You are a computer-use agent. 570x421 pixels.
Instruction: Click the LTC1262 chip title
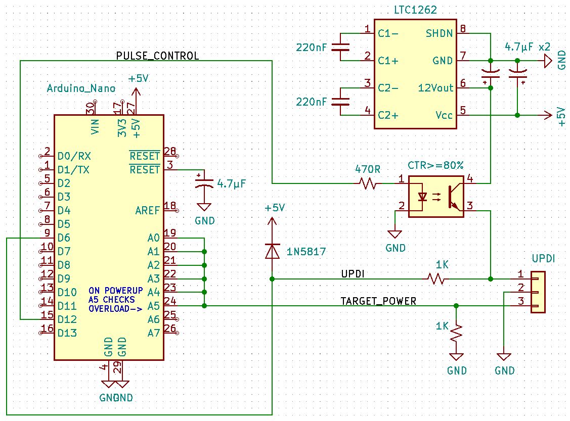[x=415, y=10]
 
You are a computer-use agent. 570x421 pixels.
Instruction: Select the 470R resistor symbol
[x=368, y=183]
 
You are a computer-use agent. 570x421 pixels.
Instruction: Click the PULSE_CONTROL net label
[x=157, y=55]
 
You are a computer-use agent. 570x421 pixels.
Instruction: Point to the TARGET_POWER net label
[x=378, y=301]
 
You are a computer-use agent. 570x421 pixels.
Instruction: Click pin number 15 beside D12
[x=47, y=314]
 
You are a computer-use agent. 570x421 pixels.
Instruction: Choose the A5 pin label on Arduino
[x=153, y=306]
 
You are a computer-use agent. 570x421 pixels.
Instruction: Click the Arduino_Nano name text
[x=81, y=88]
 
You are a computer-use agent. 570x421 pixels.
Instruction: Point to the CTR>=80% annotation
[x=435, y=165]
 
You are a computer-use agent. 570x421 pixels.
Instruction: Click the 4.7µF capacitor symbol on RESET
[x=204, y=182]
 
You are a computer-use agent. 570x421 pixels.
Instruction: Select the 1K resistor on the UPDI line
[x=436, y=278]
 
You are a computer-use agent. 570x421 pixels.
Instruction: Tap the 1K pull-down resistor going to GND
[x=457, y=332]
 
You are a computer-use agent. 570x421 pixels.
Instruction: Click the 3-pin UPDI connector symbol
[x=537, y=292]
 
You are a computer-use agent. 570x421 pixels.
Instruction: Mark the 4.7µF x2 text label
[x=528, y=46]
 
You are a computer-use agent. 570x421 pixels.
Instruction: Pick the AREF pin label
[x=148, y=210]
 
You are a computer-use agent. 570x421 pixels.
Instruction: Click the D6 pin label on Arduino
[x=64, y=238]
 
